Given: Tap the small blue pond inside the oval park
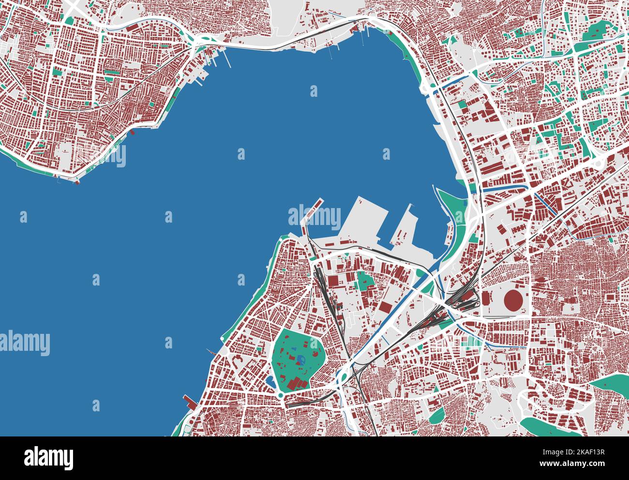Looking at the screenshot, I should [301, 360].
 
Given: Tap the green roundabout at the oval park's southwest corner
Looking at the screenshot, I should [280, 396].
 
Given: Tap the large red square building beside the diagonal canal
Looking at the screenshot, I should [385, 306].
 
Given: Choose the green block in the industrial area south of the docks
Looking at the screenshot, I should [363, 280].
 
